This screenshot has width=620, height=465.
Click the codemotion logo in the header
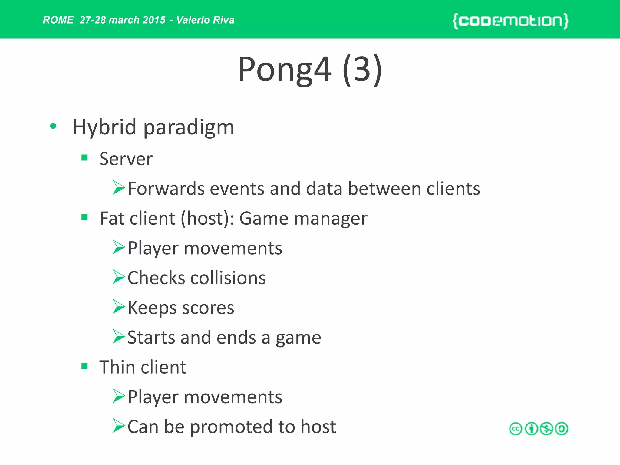click(x=510, y=21)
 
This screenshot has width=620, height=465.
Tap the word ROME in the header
click(x=58, y=20)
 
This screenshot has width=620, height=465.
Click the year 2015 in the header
click(x=154, y=20)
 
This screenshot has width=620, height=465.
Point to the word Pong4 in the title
click(x=284, y=70)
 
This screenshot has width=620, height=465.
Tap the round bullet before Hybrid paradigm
click(x=53, y=126)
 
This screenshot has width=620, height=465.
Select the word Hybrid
click(x=104, y=127)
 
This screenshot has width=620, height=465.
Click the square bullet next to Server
click(x=84, y=157)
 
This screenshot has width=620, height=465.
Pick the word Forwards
click(x=166, y=189)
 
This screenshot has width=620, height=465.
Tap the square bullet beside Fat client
click(x=84, y=217)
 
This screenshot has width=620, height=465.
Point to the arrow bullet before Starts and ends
click(x=118, y=336)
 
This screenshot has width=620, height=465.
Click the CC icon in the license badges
click(x=516, y=429)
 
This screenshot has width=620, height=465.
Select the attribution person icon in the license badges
click(x=531, y=429)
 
